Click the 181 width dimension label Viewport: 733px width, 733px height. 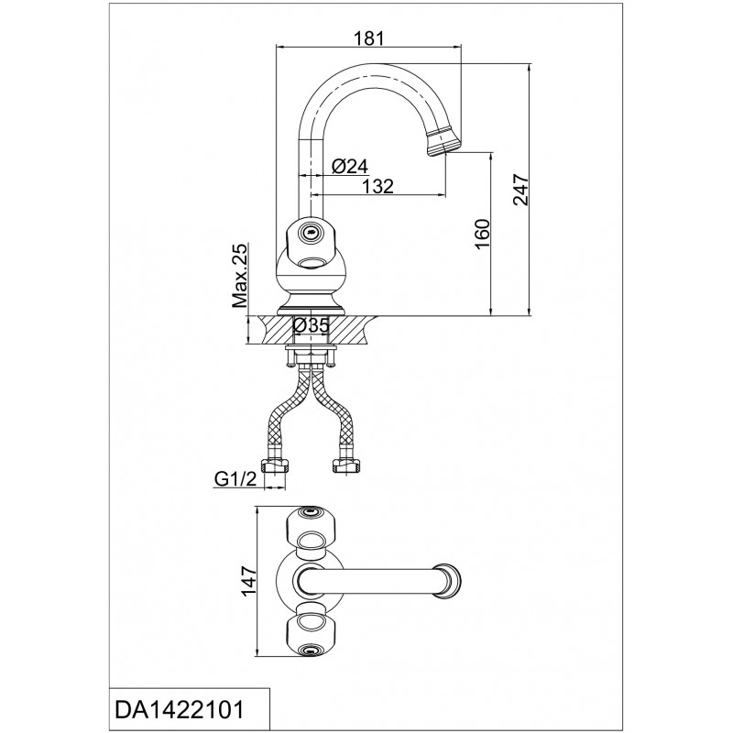(x=369, y=38)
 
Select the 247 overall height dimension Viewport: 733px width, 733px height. (x=520, y=190)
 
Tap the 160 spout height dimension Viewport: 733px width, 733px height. (x=483, y=234)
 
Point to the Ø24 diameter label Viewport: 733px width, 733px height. (x=350, y=166)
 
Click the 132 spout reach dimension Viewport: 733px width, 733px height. (x=378, y=186)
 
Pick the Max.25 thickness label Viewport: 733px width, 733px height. (x=240, y=276)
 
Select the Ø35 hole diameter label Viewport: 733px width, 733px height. (x=312, y=325)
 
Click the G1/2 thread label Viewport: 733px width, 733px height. (x=235, y=478)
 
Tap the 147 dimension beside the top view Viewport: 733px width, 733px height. (x=248, y=581)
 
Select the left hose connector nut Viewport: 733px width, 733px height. (x=275, y=465)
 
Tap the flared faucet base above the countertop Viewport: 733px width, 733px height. (x=310, y=304)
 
